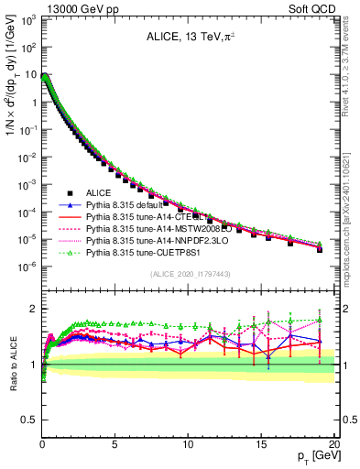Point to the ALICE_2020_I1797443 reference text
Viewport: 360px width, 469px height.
click(189, 275)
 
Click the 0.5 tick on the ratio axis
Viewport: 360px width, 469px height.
click(27, 420)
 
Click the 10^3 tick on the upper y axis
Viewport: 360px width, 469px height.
click(27, 19)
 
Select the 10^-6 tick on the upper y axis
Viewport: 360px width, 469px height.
click(27, 267)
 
